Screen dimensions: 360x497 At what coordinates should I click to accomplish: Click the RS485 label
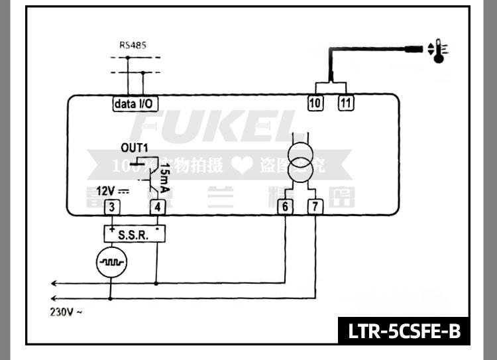pos(133,46)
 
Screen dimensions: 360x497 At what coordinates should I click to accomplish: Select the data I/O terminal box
pos(135,104)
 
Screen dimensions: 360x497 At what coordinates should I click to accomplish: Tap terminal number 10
pos(315,103)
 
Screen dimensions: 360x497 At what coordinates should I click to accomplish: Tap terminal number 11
pos(346,103)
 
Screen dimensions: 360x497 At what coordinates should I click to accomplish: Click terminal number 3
pos(113,207)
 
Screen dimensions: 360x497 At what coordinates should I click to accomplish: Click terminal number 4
pos(157,207)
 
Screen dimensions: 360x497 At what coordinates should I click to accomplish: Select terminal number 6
pos(285,207)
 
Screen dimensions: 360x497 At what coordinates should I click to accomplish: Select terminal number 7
pos(316,207)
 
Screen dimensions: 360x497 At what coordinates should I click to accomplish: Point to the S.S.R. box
pos(135,234)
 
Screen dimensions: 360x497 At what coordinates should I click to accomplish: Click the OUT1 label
pos(135,147)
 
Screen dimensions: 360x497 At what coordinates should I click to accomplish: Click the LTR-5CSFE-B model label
pos(404,331)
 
